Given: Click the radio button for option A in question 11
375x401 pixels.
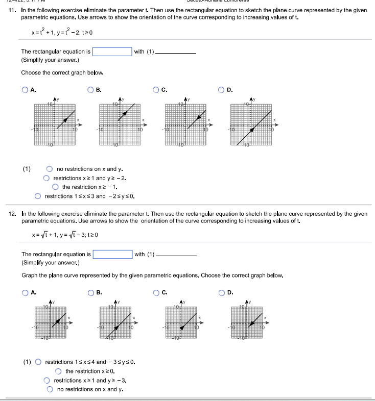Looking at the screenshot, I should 25,90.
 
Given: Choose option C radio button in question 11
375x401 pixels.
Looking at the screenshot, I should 156,90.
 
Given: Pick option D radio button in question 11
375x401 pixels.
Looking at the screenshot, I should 223,90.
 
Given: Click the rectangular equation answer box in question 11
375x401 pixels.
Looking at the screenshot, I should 112,52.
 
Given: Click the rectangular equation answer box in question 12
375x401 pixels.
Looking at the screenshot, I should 112,254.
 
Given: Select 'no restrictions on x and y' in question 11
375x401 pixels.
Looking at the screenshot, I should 50,169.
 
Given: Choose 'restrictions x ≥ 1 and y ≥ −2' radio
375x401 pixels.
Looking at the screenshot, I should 46,178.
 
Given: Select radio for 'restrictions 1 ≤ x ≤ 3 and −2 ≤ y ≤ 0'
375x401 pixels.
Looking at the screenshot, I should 38,196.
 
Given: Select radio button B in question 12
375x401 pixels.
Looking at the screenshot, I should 91,292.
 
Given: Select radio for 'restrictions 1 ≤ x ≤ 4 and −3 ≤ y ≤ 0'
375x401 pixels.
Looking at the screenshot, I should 38,362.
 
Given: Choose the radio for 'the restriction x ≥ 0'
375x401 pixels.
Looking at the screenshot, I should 58,371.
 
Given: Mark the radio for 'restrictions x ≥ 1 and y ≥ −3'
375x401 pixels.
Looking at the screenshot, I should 46,381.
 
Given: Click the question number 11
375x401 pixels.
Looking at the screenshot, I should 13,11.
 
